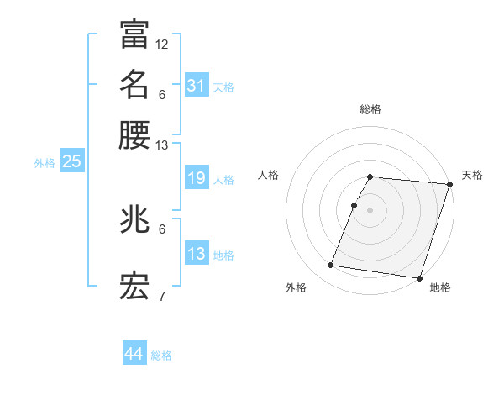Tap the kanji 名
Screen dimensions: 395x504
(x=134, y=85)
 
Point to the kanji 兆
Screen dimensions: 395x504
(x=134, y=220)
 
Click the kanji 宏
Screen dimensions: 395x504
(x=134, y=288)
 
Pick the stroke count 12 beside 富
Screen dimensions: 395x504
(x=162, y=44)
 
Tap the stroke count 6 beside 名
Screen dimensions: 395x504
(x=162, y=94)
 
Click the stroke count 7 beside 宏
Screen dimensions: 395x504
(x=162, y=297)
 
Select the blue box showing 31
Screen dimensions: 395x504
(x=197, y=86)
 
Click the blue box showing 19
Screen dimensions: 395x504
(x=197, y=179)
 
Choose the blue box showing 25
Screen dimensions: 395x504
(x=71, y=162)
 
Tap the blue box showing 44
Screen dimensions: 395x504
(x=134, y=354)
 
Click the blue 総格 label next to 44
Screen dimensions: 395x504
(x=161, y=355)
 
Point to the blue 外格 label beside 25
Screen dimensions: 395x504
(x=45, y=163)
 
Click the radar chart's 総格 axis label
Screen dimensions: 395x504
(x=370, y=109)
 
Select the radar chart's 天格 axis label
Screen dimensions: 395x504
(x=473, y=175)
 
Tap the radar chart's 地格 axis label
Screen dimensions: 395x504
(x=440, y=288)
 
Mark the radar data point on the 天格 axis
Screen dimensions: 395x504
(x=449, y=184)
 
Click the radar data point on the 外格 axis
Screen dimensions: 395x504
(x=331, y=266)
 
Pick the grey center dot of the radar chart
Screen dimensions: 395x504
(x=370, y=209)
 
